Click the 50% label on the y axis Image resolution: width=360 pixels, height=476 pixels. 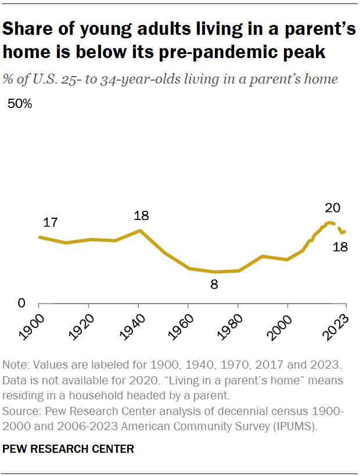click(x=19, y=104)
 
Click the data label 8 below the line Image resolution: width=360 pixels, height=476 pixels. click(x=214, y=284)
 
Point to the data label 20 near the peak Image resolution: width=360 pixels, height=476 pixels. click(x=332, y=208)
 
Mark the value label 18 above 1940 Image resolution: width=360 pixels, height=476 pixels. click(x=141, y=216)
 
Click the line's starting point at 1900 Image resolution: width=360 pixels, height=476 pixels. click(x=39, y=237)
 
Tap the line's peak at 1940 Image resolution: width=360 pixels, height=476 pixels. click(x=139, y=230)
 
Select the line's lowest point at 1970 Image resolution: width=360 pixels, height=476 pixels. click(x=214, y=272)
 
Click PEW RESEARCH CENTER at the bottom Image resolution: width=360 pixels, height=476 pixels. click(x=69, y=449)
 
